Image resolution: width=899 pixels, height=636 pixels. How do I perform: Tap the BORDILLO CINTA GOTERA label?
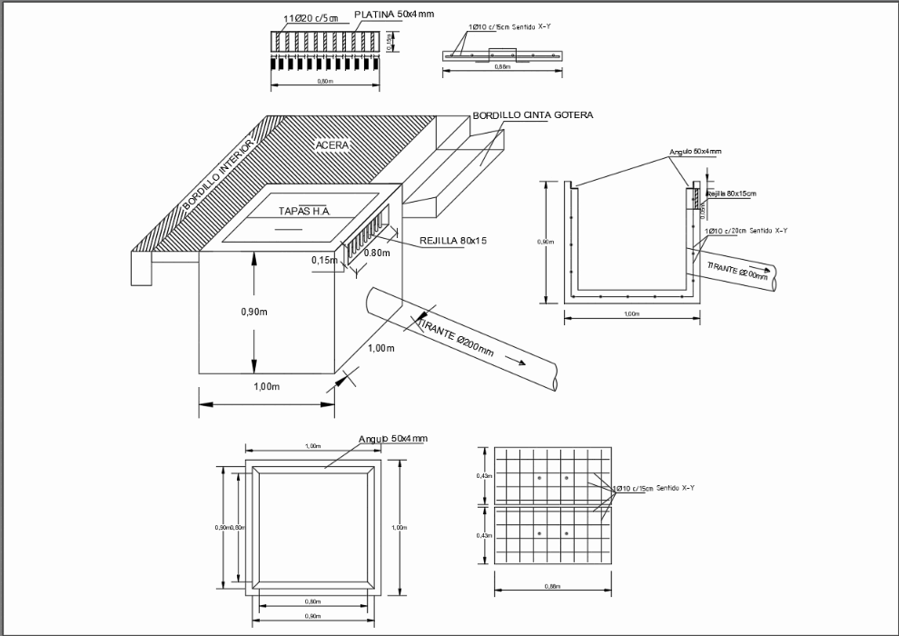point(532,115)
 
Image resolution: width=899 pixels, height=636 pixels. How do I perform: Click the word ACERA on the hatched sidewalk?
point(331,144)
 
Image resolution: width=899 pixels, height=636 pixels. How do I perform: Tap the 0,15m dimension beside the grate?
point(324,261)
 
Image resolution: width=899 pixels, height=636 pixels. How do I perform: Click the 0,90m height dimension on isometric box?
point(229,312)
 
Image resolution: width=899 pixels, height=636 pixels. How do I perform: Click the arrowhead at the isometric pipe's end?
point(523,363)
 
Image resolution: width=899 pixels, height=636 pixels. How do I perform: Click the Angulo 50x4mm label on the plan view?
point(392,438)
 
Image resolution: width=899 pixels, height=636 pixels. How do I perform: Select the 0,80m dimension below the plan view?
point(311,601)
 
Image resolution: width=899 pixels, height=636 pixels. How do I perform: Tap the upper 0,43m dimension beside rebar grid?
point(483,475)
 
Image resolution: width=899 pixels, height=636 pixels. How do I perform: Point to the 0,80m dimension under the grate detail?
point(324,81)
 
